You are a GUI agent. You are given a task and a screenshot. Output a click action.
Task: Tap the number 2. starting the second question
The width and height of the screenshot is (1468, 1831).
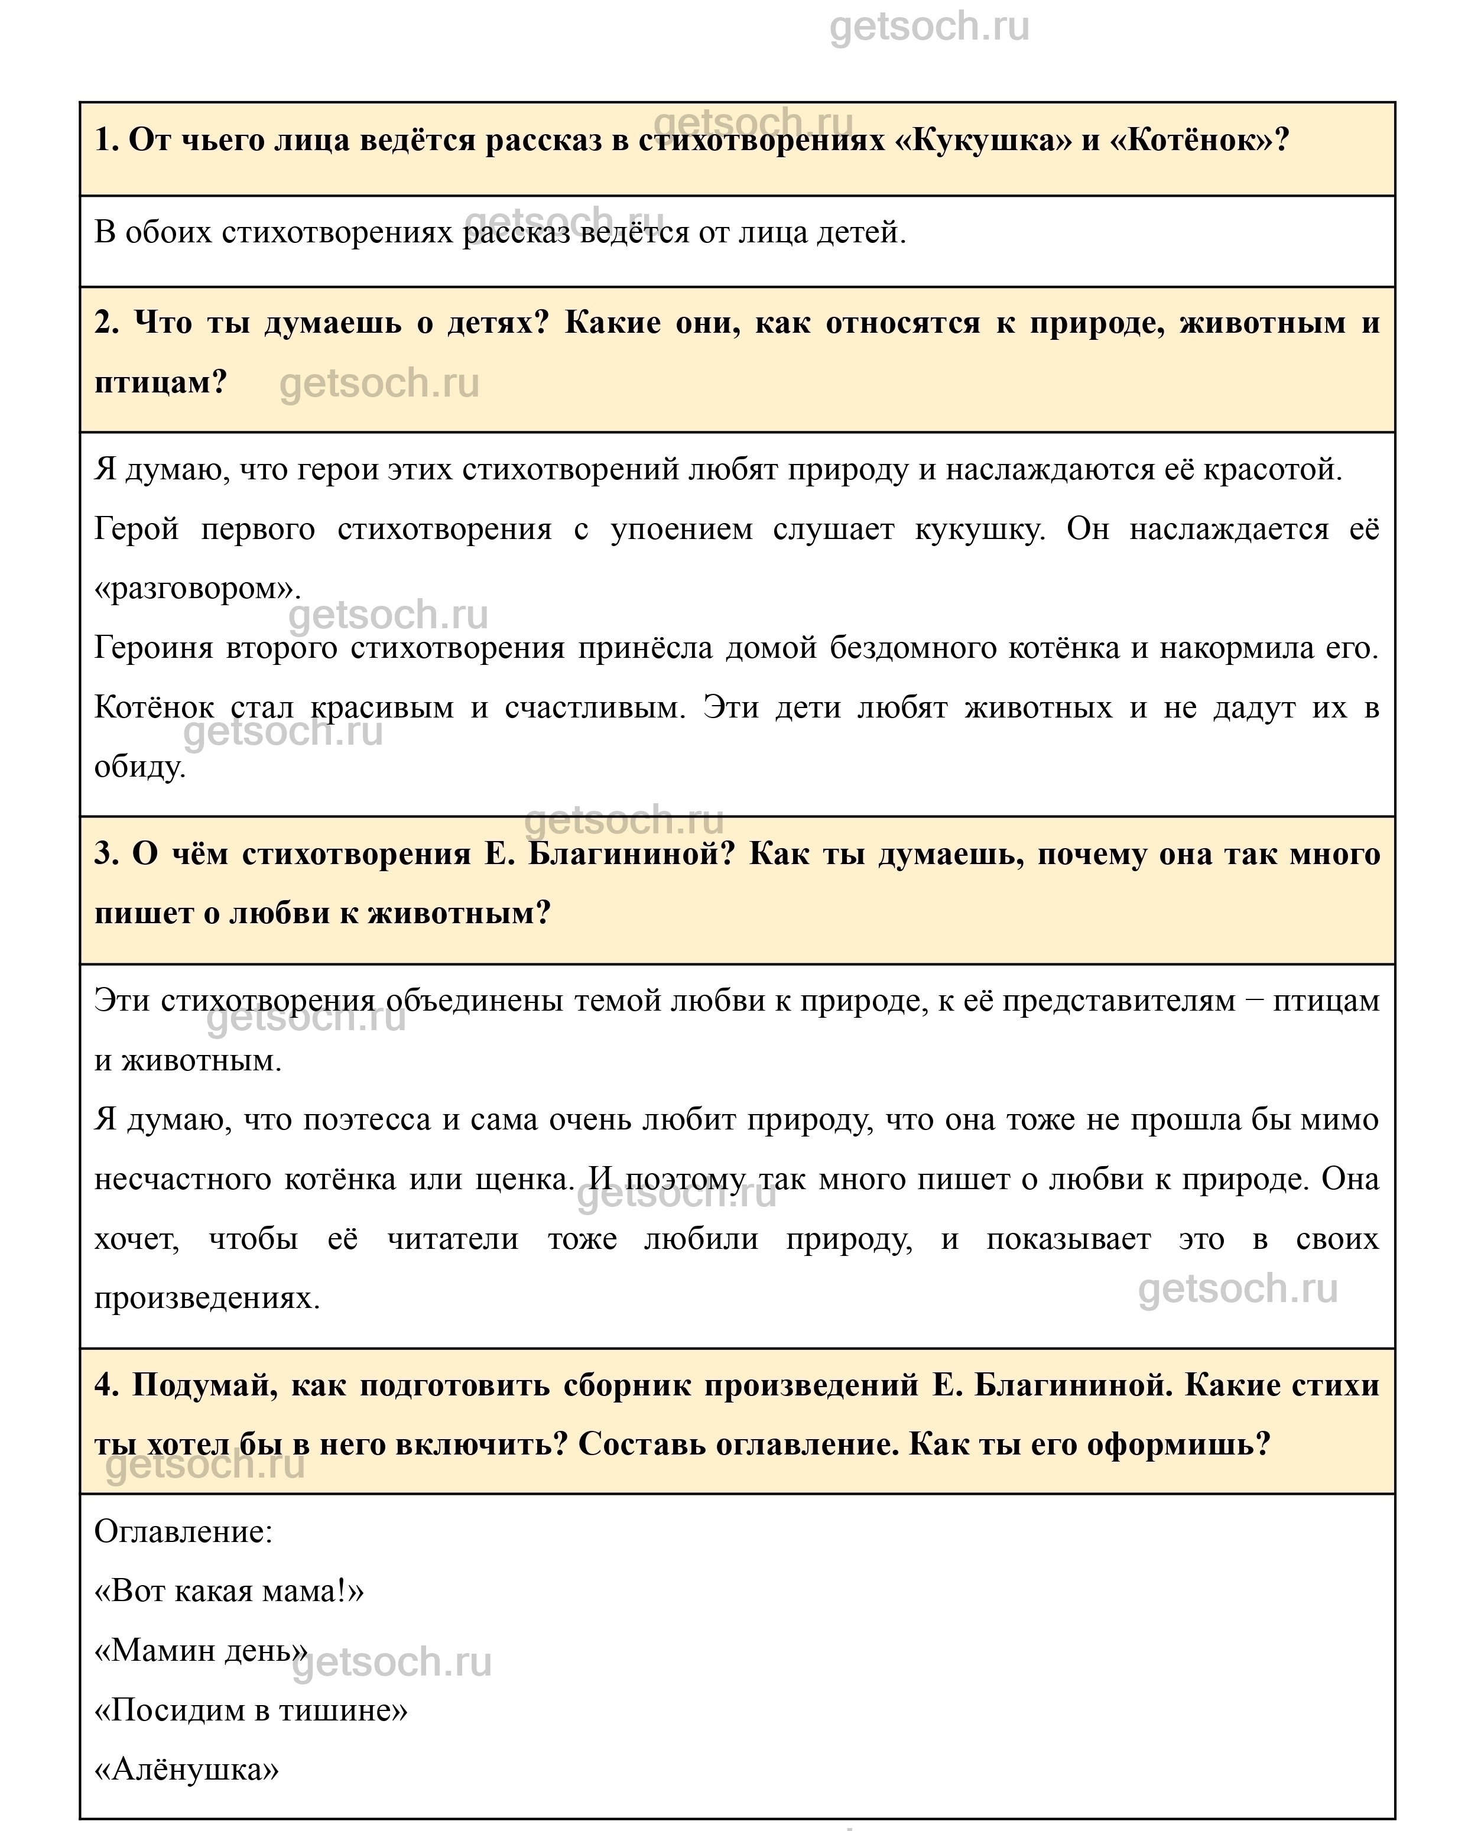coord(107,323)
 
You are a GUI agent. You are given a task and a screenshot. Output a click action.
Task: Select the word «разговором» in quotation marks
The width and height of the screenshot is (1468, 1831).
coord(197,589)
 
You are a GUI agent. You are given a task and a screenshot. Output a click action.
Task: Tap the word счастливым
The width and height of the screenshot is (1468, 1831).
coord(595,707)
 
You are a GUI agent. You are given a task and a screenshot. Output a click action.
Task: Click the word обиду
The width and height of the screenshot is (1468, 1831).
coord(140,767)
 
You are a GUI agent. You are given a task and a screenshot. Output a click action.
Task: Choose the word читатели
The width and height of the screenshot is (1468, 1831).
coord(453,1239)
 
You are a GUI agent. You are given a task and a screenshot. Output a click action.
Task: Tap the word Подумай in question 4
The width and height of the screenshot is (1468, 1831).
coord(204,1385)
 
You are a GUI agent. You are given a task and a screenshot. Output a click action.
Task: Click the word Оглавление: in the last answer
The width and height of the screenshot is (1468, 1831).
coord(183,1532)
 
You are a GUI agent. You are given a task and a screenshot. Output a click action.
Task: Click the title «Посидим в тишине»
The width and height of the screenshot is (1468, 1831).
coord(251,1710)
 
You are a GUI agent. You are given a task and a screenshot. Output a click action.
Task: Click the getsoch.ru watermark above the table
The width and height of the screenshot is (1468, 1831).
coord(929,27)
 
